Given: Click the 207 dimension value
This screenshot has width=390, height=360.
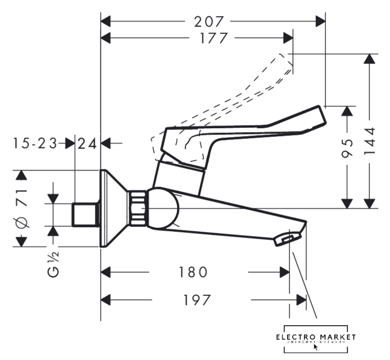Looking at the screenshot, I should point(209,22).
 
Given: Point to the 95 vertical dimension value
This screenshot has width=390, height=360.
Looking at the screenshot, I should point(348,148).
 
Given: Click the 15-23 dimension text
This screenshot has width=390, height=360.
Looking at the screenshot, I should point(35,143).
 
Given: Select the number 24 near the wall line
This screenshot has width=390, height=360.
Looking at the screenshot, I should point(87,143).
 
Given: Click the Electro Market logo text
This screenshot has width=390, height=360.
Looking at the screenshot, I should point(316,337).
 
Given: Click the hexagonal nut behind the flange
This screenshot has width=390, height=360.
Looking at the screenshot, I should point(137,209).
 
